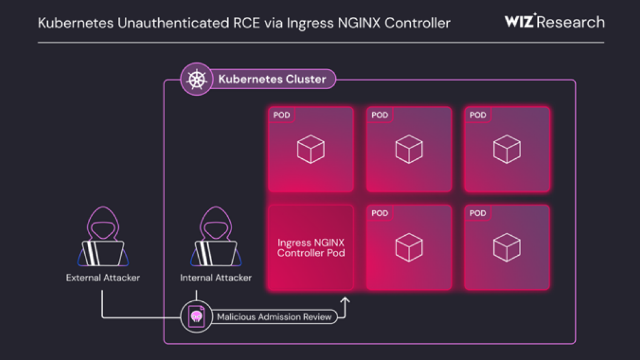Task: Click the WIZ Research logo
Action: (554, 22)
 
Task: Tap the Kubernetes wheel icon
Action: (196, 80)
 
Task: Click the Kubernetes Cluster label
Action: (272, 79)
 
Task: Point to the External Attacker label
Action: (103, 278)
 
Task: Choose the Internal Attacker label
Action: (216, 278)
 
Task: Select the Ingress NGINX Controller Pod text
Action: (311, 248)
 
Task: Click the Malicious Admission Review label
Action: (275, 317)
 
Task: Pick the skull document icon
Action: (196, 317)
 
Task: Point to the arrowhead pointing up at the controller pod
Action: (345, 300)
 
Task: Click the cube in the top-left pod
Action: (311, 149)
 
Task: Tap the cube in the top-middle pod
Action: (409, 149)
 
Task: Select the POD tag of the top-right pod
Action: (478, 115)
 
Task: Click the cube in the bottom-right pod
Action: (507, 247)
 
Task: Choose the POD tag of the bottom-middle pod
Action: (380, 213)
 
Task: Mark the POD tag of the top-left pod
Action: (282, 115)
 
